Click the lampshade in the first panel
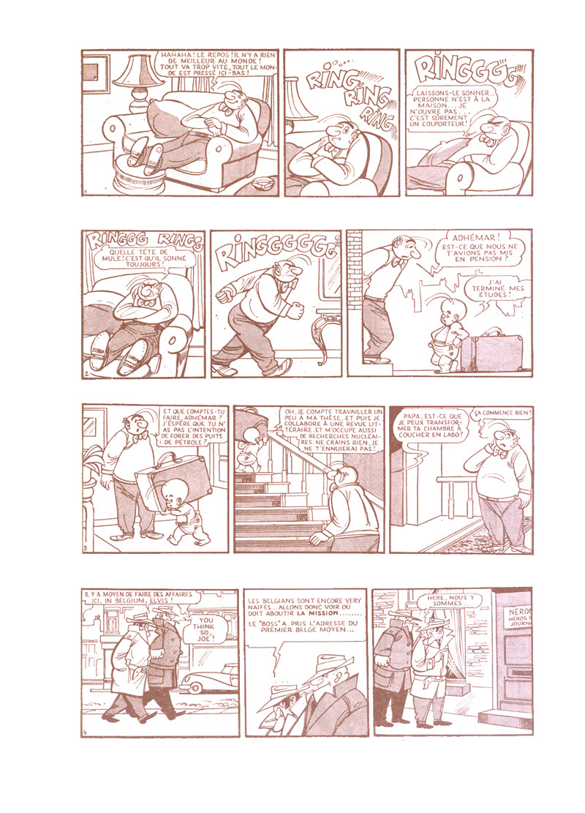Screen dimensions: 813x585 tap(138, 71)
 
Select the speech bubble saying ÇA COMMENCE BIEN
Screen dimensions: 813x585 tap(503, 413)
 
